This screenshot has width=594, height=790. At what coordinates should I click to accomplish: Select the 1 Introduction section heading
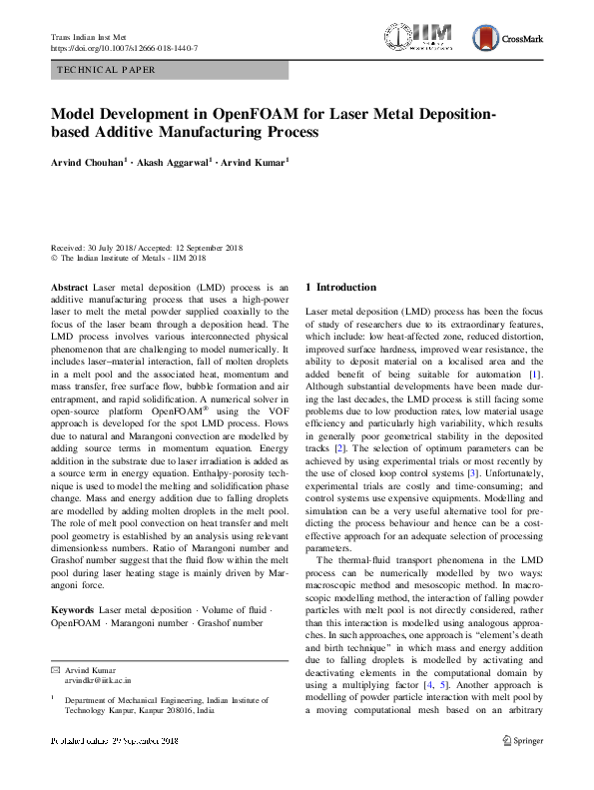340,288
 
